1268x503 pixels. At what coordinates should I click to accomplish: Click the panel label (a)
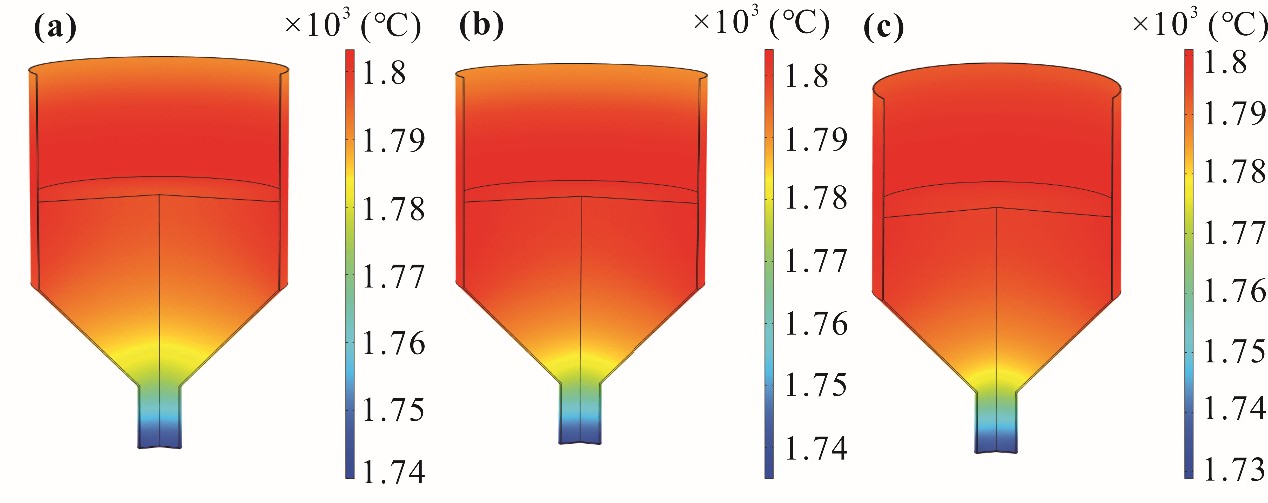coord(53,28)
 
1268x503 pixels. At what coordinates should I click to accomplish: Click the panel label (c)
coord(882,28)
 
